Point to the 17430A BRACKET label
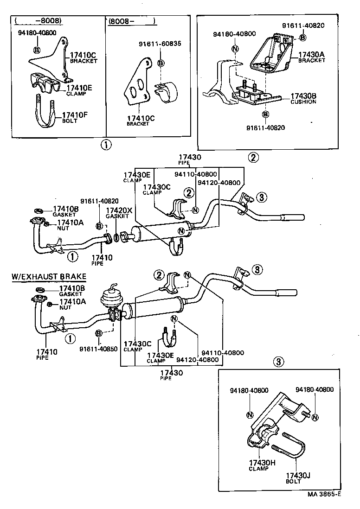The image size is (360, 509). coord(311,57)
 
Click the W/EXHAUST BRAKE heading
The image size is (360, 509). coord(49,277)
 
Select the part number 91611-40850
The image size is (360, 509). coord(99,349)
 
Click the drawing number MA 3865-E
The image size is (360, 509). coord(324,494)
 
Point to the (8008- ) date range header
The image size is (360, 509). coord(131,21)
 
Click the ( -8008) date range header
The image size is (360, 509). coord(38,21)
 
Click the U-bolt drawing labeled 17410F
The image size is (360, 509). coord(45,111)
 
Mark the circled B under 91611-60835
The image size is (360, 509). coord(161,63)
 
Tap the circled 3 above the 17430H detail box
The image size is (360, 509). coord(278,362)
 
